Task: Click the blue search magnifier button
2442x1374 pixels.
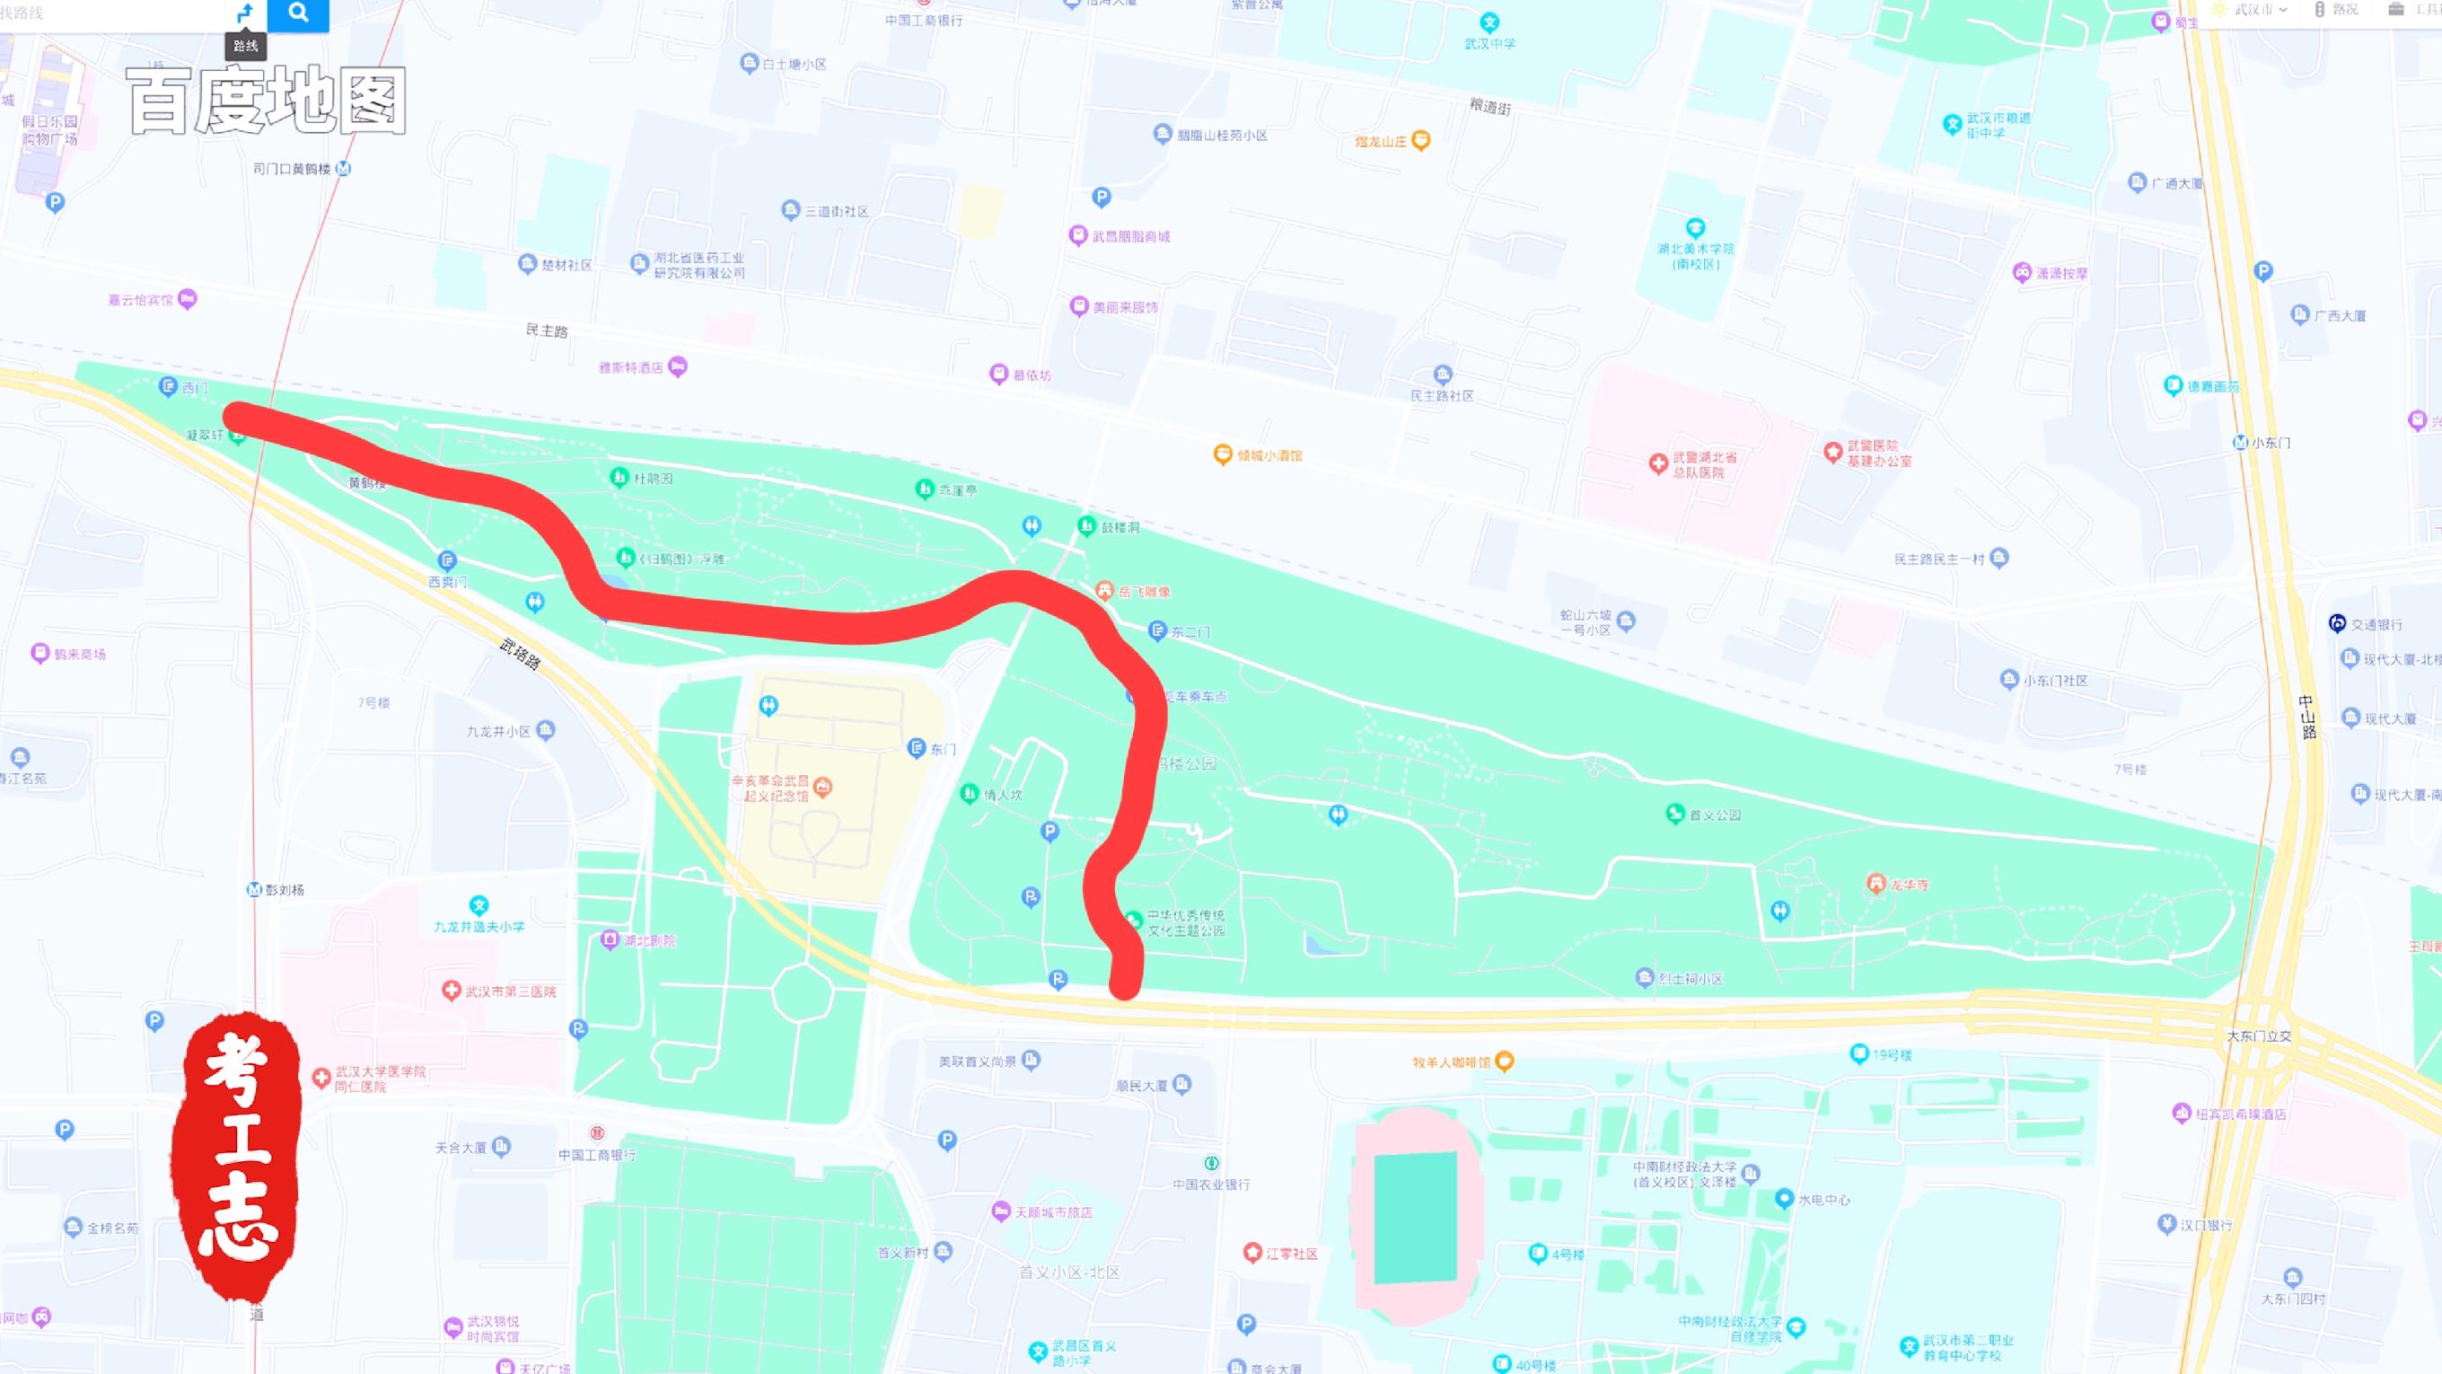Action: (298, 13)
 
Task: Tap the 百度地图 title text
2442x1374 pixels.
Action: (267, 101)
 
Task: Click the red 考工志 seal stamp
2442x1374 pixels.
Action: (238, 1156)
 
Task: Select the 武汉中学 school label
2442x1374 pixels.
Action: (1489, 44)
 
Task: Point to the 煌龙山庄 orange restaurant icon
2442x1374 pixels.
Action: (1420, 141)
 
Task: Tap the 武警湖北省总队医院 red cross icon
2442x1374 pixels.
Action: (1658, 463)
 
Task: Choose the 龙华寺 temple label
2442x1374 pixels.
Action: (1909, 885)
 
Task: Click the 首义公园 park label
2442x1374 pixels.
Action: (1714, 815)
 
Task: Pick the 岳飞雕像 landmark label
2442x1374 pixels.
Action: (1143, 592)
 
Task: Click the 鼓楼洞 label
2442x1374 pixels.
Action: (1120, 527)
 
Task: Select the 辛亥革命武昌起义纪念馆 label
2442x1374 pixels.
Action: (769, 788)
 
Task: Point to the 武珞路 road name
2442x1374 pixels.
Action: (520, 654)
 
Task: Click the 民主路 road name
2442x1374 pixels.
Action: (547, 330)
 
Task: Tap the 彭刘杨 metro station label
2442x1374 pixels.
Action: (284, 890)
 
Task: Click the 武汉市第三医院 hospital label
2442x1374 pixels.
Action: (510, 991)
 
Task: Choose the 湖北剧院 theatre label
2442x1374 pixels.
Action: (649, 940)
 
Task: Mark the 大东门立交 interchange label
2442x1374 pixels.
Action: (2259, 1036)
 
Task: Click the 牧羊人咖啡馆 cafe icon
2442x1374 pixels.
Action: (1504, 1062)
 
